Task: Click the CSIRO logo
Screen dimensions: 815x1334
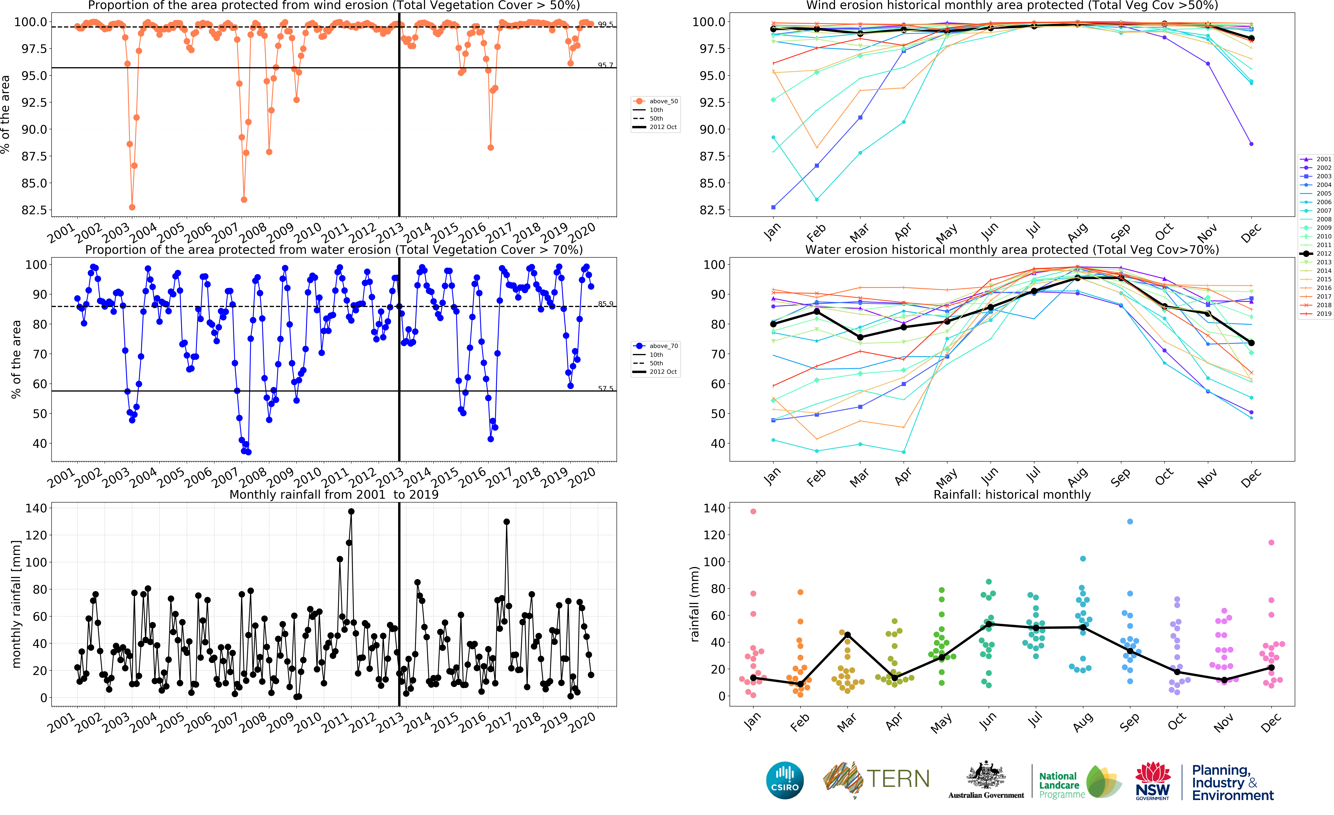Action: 784,780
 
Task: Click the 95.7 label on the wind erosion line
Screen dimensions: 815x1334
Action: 605,65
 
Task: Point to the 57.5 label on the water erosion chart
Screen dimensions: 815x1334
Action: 605,388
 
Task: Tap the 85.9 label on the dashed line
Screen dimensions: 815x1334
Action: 605,304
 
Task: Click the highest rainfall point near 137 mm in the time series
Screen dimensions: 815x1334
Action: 351,511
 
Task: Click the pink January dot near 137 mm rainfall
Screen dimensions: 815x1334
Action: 753,511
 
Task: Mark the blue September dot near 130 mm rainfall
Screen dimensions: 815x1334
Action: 1130,522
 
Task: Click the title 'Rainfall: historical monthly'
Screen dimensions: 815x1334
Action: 1012,494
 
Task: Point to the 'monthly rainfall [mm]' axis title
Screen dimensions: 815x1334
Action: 16,604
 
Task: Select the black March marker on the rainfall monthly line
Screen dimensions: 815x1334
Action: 847,635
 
